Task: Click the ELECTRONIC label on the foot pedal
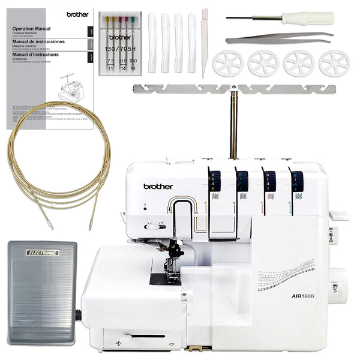tap(42, 253)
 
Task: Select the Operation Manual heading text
tap(31, 28)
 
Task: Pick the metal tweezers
tap(279, 38)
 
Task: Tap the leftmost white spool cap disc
tap(228, 63)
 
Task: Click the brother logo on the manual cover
tap(77, 14)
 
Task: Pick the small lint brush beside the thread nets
tap(205, 42)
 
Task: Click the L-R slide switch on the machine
tap(154, 226)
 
